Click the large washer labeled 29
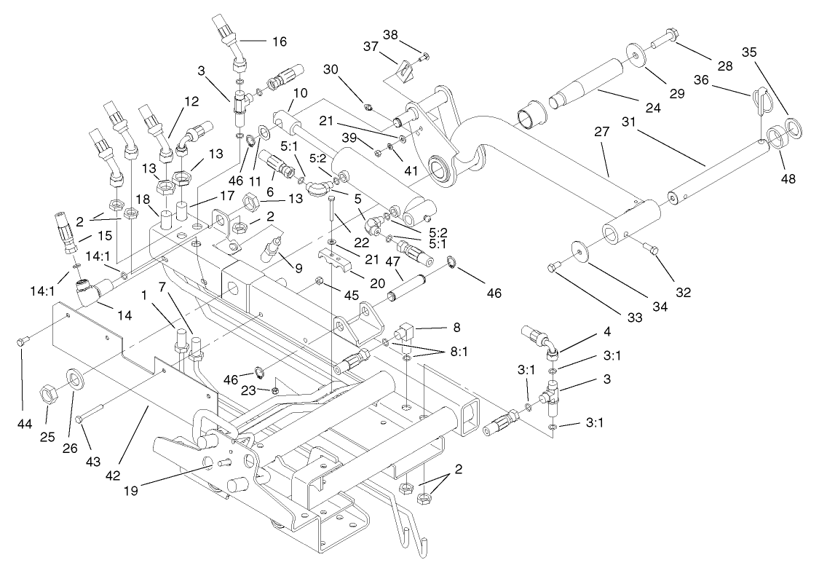tap(636, 55)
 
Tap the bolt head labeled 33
tap(554, 268)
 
